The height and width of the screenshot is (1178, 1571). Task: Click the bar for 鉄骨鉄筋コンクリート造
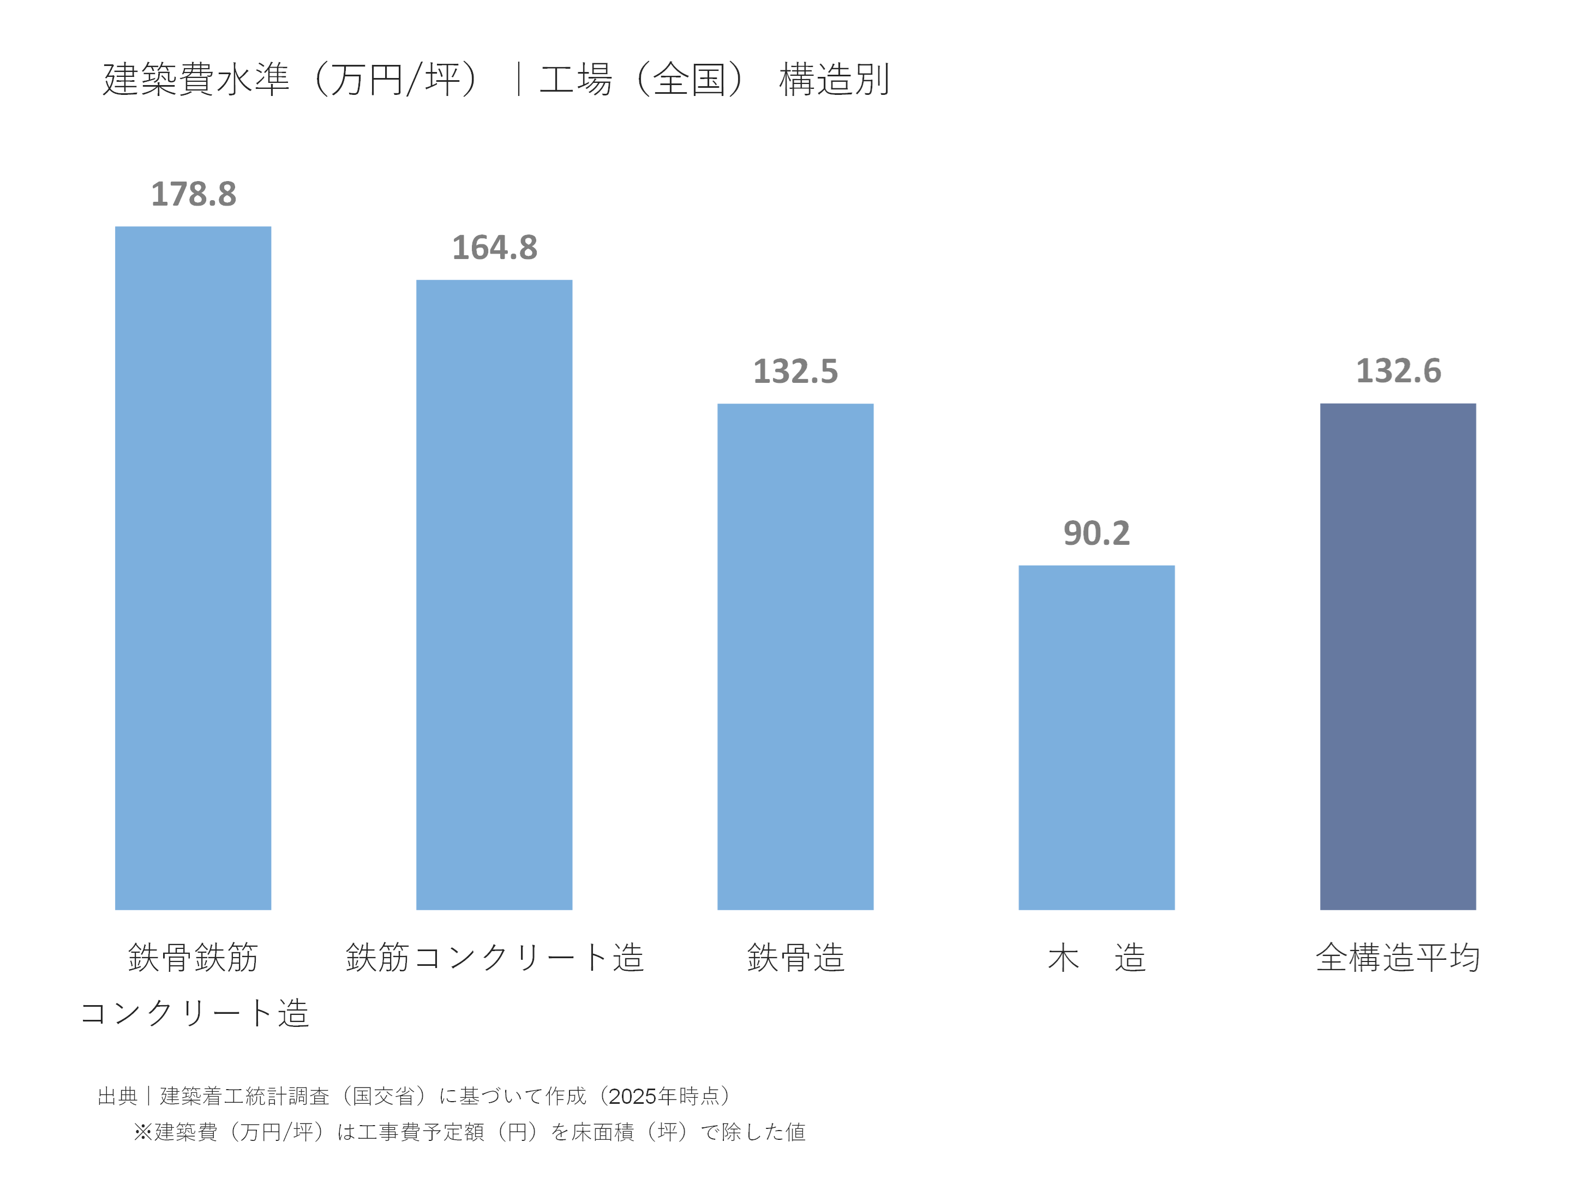click(193, 568)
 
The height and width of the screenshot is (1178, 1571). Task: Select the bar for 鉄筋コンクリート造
click(494, 594)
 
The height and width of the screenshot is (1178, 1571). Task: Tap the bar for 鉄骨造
click(795, 656)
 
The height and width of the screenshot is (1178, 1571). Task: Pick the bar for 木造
click(1096, 737)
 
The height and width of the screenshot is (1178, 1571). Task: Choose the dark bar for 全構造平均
click(1397, 656)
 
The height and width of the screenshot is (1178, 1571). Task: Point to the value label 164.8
click(494, 248)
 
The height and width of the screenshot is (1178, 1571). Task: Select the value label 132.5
click(795, 371)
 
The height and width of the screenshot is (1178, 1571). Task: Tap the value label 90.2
click(1096, 533)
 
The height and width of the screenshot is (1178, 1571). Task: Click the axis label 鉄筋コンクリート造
click(494, 957)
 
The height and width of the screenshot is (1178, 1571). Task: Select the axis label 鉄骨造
click(795, 957)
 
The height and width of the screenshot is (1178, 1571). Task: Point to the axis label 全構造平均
click(1397, 957)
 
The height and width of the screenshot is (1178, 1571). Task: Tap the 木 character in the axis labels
click(1063, 957)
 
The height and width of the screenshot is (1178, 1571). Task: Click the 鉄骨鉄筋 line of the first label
click(193, 957)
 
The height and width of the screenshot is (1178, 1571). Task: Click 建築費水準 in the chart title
click(196, 79)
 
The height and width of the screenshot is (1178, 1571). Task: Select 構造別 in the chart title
click(834, 79)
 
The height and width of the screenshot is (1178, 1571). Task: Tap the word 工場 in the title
click(575, 79)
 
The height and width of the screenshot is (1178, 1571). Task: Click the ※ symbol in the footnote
click(143, 1132)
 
